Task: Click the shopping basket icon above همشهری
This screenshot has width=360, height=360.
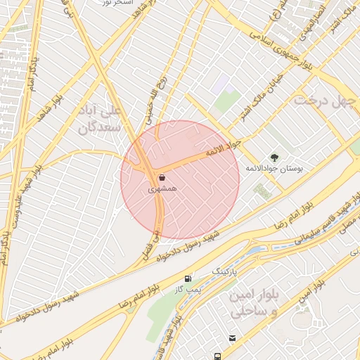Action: tap(162, 179)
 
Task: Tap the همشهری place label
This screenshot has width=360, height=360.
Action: tap(162, 190)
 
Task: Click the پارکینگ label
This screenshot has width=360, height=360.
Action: tap(225, 269)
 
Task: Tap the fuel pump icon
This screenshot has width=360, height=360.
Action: tap(187, 278)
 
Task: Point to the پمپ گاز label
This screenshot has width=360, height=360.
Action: tap(187, 289)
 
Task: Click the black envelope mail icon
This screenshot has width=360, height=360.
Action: tap(233, 338)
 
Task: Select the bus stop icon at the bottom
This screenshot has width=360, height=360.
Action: tap(219, 356)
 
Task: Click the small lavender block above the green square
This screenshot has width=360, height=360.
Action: tap(223, 83)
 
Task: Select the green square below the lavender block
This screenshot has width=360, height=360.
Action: tap(227, 101)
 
